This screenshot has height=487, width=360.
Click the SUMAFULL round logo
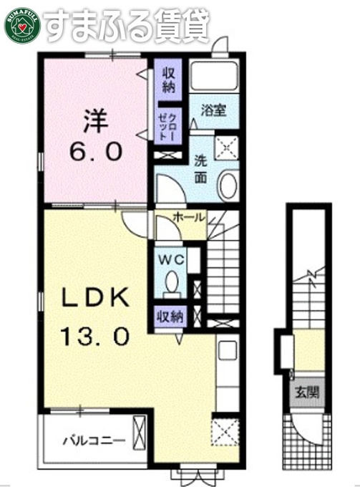tap(22, 26)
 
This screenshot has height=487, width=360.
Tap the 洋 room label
tap(96, 122)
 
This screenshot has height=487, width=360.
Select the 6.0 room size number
tap(95, 152)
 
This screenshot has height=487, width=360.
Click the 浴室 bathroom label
tap(213, 110)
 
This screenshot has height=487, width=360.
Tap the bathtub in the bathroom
tap(214, 75)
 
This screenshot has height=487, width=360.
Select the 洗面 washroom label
tap(201, 170)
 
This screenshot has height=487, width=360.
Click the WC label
tap(172, 260)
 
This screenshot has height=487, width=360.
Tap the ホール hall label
tap(189, 217)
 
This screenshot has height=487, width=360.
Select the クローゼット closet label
tap(167, 127)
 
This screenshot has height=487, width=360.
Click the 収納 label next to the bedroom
tap(169, 80)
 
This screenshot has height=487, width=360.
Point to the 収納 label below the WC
tap(170, 317)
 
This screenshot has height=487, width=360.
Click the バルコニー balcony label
tap(94, 440)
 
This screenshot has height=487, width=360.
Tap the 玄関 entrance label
tap(307, 393)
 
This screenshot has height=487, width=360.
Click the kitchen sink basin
tap(228, 350)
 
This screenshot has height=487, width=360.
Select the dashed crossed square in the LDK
tap(225, 433)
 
